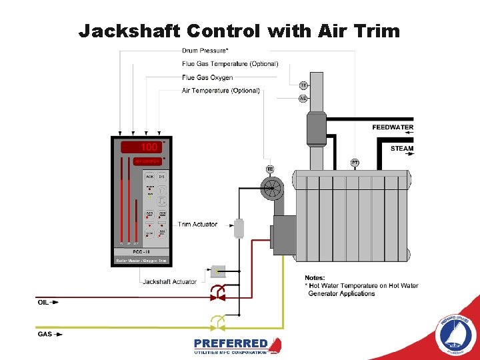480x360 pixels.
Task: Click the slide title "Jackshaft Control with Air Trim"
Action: pyautogui.click(x=239, y=31)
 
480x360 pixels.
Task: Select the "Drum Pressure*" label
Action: pyautogui.click(x=206, y=51)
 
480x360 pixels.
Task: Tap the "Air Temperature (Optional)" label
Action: pyautogui.click(x=221, y=90)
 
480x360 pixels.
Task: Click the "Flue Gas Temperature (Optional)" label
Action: pyautogui.click(x=230, y=64)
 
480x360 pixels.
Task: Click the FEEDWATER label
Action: pyautogui.click(x=393, y=127)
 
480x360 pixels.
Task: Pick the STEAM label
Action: pyautogui.click(x=402, y=149)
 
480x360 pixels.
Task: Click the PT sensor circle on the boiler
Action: pyautogui.click(x=355, y=163)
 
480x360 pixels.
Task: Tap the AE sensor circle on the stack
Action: pyautogui.click(x=303, y=98)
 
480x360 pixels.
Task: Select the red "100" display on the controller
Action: pyautogui.click(x=149, y=147)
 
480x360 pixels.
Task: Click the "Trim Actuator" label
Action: pyautogui.click(x=197, y=224)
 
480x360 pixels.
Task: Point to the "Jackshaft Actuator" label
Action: pyautogui.click(x=169, y=281)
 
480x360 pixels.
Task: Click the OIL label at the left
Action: pyautogui.click(x=43, y=302)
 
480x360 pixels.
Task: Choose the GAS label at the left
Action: pyautogui.click(x=44, y=334)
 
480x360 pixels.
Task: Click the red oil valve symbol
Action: pyautogui.click(x=217, y=291)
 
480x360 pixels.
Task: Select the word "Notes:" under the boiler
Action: pyautogui.click(x=315, y=277)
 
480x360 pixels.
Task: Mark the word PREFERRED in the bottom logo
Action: pyautogui.click(x=231, y=343)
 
